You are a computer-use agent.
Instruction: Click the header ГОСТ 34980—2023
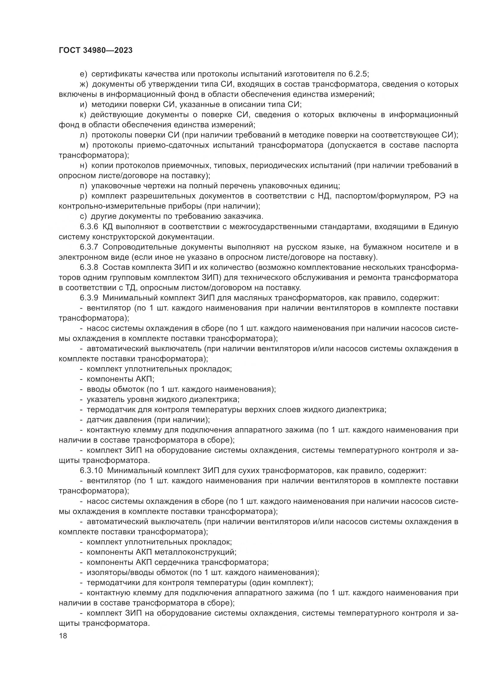(96, 51)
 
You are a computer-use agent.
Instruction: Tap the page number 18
(63, 636)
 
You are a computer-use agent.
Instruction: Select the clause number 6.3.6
(89, 227)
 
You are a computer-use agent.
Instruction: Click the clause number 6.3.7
(89, 247)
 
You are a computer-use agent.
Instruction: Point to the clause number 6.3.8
(89, 267)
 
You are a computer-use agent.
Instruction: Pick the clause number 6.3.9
(89, 298)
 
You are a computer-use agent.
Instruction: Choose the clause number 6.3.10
(91, 471)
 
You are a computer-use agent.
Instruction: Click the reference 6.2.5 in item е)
(358, 74)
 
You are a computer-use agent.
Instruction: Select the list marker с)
(83, 216)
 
